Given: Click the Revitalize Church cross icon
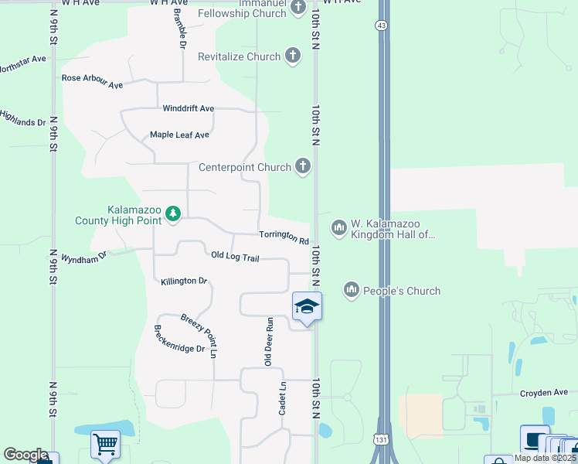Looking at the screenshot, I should [x=292, y=56].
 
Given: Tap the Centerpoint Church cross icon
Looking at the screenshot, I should [x=303, y=166].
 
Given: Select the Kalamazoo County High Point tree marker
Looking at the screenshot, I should [x=173, y=213].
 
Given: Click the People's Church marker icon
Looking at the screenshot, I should [x=352, y=290].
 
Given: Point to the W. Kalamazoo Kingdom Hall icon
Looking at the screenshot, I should [x=338, y=227].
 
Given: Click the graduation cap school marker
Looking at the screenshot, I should [x=307, y=306].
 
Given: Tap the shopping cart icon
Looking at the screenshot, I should [x=104, y=444].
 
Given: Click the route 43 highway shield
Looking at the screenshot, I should [x=382, y=26].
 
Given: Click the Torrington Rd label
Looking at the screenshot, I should [x=284, y=237].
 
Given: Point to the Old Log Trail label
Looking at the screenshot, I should [x=235, y=256].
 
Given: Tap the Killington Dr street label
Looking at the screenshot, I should [x=184, y=281].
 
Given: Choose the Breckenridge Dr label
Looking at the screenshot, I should [x=179, y=338].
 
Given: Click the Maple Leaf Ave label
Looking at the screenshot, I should [x=179, y=135].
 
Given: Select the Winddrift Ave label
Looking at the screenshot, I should [x=188, y=108].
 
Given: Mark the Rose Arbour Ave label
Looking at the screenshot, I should [x=93, y=81].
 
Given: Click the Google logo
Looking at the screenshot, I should [x=25, y=455].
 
